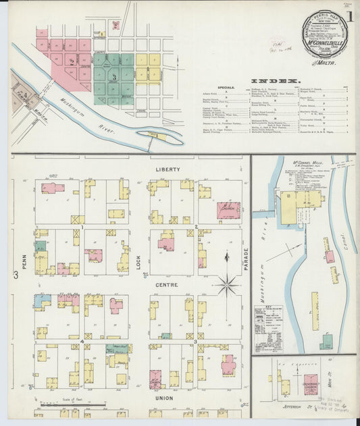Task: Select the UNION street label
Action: [164, 398]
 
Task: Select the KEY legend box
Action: [268, 320]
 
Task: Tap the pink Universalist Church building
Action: [311, 383]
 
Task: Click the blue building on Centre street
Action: [42, 298]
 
